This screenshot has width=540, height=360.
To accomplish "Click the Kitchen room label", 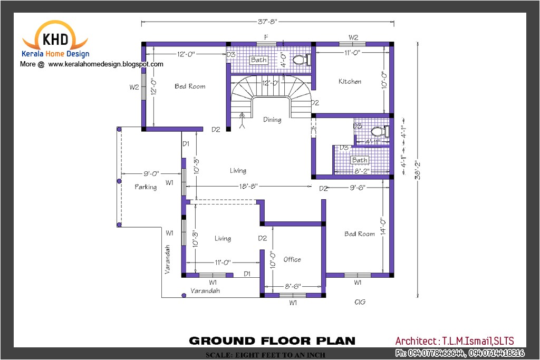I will coord(350,81).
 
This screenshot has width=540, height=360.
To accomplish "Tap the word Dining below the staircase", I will coord(272,120).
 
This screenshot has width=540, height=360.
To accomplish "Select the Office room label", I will coord(292,259).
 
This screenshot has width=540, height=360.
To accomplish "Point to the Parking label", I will coord(146,187).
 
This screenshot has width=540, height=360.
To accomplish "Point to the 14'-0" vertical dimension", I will coord(383,226).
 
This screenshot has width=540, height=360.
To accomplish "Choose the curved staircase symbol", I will coord(271,94).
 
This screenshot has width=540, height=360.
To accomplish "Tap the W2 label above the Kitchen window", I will coord(353,37).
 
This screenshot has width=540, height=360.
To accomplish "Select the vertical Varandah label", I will coord(168,258).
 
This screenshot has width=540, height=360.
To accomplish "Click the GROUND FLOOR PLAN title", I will coord(272,340).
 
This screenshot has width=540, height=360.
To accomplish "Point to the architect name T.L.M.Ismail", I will coord(455,341).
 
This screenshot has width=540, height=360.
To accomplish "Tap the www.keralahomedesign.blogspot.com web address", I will coord(106,64).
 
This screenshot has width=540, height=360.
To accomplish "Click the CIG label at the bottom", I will coord(360,302).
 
